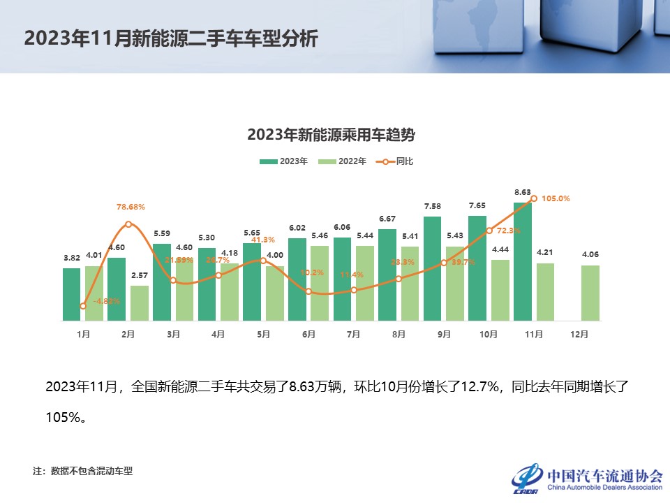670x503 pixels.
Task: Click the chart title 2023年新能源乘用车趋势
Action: (336, 135)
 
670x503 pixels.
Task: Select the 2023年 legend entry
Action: (284, 161)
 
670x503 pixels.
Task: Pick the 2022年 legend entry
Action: (343, 161)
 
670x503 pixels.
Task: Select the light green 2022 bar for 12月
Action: (590, 293)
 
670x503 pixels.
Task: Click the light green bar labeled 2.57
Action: (139, 303)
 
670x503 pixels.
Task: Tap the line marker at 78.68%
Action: (128, 224)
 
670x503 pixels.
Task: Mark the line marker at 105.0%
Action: (534, 198)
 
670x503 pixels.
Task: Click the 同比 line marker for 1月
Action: (83, 306)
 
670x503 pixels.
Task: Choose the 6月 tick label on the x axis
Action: (308, 335)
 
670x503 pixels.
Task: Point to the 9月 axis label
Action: (444, 335)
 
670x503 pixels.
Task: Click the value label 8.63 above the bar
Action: (523, 191)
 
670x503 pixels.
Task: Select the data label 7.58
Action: (433, 206)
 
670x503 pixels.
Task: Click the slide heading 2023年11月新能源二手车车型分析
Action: (171, 38)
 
